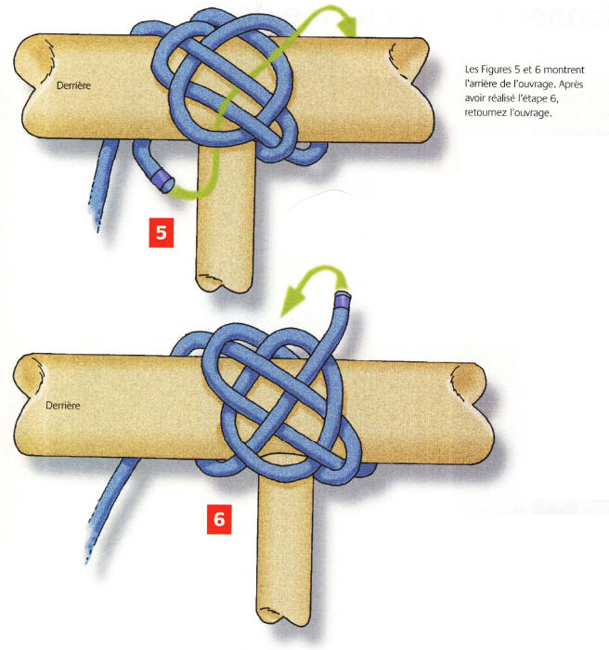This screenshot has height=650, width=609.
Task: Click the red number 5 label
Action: [x=162, y=233]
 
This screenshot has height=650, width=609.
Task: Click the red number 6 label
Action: [x=219, y=519]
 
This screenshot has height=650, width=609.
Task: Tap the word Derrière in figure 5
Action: [x=73, y=85]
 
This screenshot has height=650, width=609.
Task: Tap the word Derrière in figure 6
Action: [x=62, y=406]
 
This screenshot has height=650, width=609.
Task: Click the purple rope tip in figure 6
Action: [x=342, y=299]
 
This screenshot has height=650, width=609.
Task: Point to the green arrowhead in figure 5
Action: [x=347, y=26]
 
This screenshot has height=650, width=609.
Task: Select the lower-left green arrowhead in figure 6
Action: [x=292, y=302]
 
